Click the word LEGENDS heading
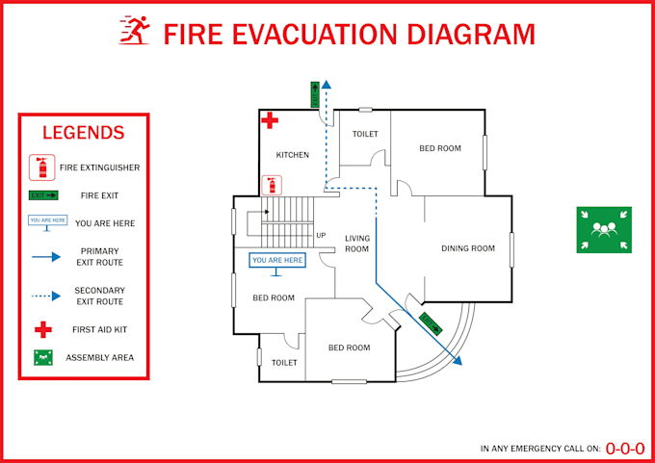click(x=84, y=133)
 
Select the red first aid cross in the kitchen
click(x=271, y=121)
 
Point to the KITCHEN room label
click(x=293, y=155)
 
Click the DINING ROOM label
click(x=468, y=248)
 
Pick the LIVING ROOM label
click(x=357, y=244)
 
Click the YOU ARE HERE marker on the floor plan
click(x=277, y=261)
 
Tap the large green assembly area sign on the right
click(x=604, y=230)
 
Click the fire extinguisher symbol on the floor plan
click(x=273, y=186)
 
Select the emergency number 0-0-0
click(x=625, y=448)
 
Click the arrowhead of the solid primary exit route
click(x=458, y=362)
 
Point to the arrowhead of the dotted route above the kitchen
click(x=326, y=84)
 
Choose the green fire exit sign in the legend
click(x=43, y=195)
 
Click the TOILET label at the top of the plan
click(x=365, y=134)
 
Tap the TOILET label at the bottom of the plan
click(x=284, y=363)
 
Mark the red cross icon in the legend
click(x=42, y=330)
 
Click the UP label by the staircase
click(x=321, y=236)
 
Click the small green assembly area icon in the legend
click(x=42, y=357)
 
